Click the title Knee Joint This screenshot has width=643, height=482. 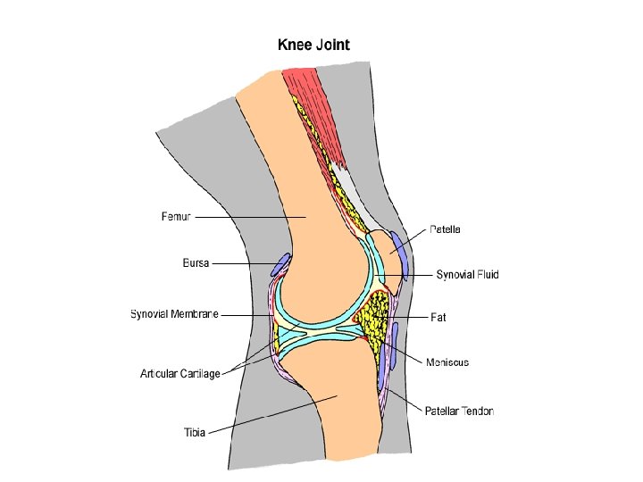[x=313, y=44]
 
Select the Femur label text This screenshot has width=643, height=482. [x=176, y=217]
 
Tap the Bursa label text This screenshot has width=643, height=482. [x=195, y=263]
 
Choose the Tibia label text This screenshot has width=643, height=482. [x=195, y=432]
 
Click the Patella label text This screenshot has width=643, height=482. [x=445, y=229]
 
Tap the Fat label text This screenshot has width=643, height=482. [x=438, y=317]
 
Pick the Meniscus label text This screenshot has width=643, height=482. [x=447, y=362]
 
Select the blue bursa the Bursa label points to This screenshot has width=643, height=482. [x=280, y=265]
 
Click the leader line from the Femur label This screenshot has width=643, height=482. [x=250, y=217]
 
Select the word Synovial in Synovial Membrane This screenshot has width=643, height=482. [x=149, y=314]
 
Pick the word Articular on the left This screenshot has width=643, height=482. [x=158, y=373]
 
